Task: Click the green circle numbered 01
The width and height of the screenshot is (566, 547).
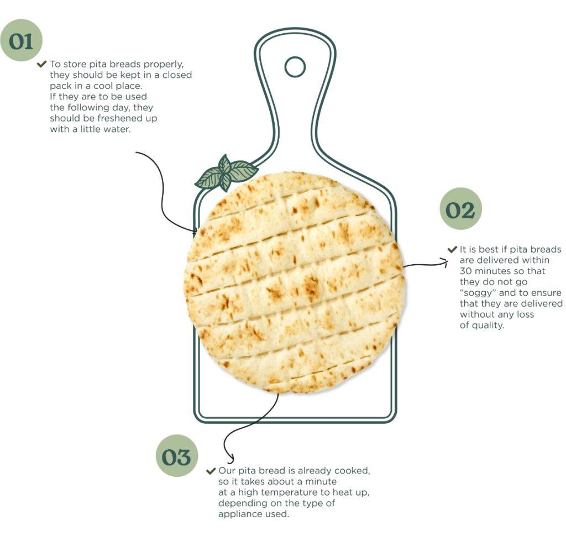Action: tap(22, 40)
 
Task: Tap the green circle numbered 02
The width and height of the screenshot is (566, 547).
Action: tap(460, 208)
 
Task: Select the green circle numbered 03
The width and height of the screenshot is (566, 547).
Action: tap(176, 456)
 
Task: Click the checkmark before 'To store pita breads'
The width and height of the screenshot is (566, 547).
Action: tap(42, 64)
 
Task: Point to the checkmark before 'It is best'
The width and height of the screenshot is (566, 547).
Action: tap(452, 249)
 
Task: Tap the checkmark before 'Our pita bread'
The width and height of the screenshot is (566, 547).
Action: tap(211, 471)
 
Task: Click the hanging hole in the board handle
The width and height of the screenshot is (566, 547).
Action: tap(295, 67)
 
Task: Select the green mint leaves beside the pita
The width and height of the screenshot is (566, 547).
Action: tap(226, 172)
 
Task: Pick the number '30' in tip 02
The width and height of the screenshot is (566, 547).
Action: tap(465, 271)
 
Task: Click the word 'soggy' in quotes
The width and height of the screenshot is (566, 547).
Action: tap(479, 293)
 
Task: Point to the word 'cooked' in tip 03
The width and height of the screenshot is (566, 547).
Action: tap(352, 471)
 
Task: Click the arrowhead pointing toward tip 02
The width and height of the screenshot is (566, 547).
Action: tap(445, 262)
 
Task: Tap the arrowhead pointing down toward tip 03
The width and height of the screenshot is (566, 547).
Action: tap(230, 460)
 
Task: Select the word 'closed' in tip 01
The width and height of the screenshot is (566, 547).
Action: tap(177, 75)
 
